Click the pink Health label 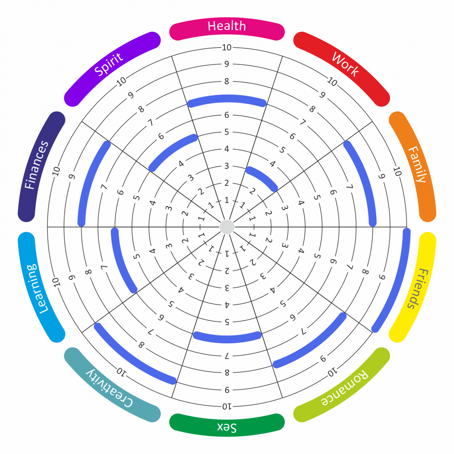pos(227,26)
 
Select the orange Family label pos(416,164)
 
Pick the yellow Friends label pos(416,288)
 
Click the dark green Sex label pos(227,427)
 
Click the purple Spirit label pos(109,64)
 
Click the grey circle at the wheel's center pos(227,227)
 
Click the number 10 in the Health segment pos(227,47)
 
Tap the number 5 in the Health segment pos(227,132)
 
